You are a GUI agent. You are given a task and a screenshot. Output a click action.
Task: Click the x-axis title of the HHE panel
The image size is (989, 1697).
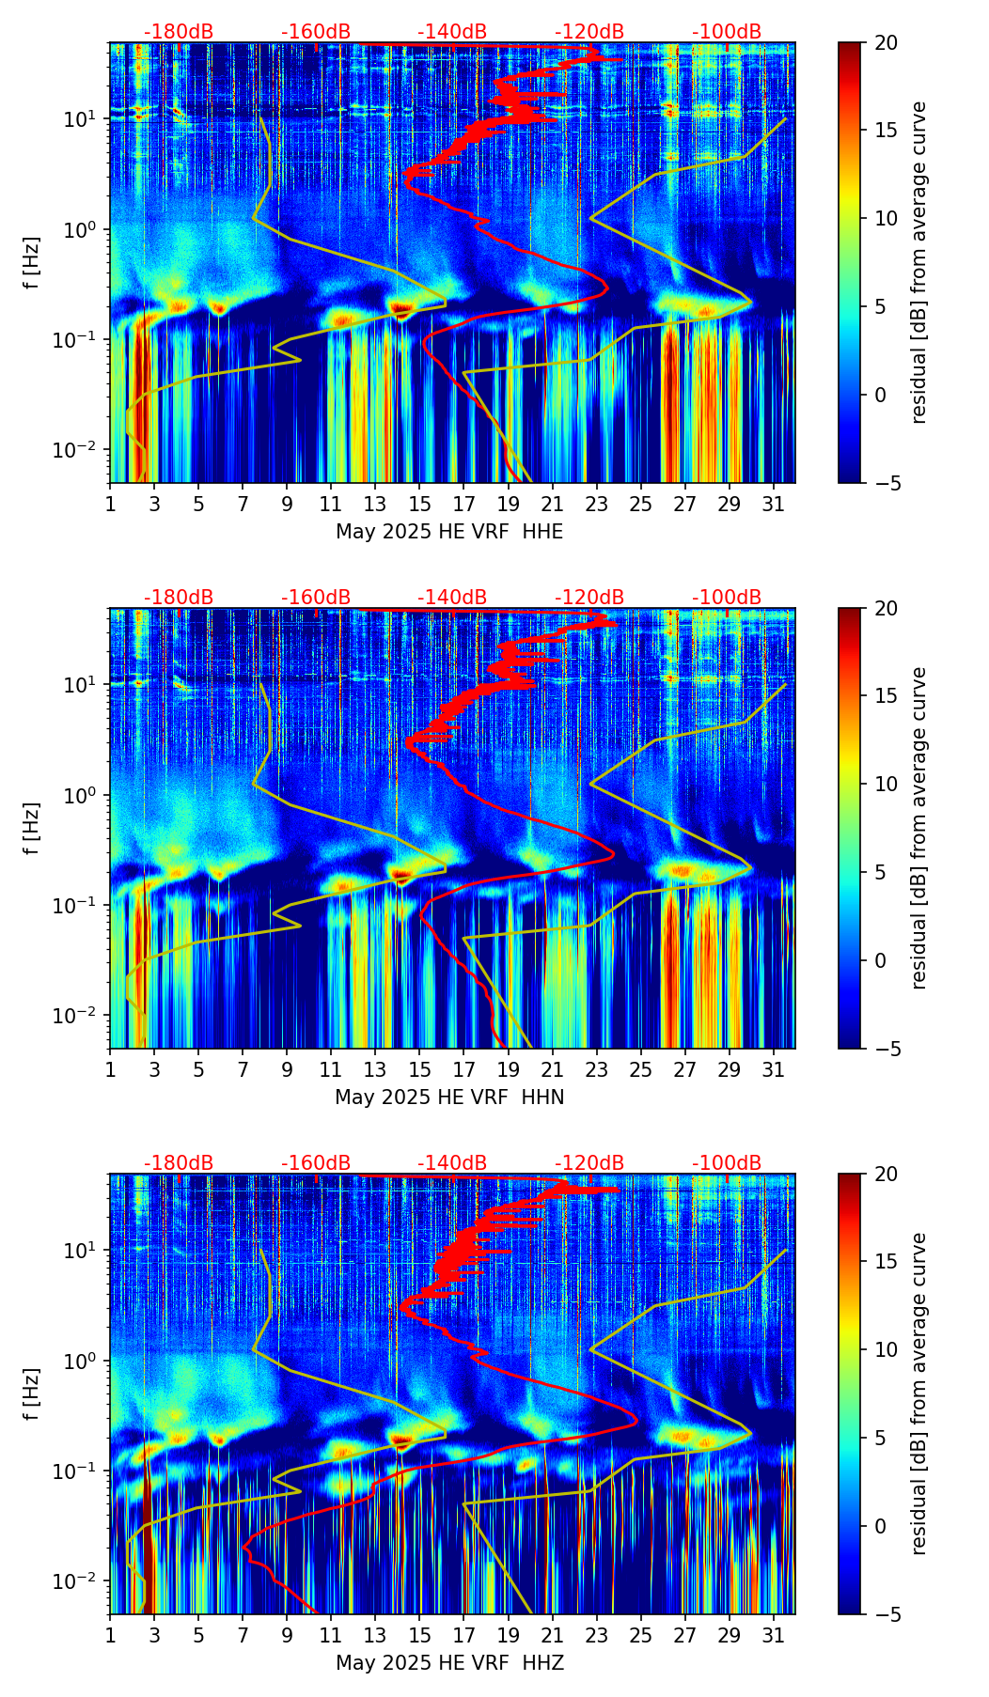(x=449, y=532)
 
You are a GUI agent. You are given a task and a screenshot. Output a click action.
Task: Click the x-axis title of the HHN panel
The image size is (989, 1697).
(x=449, y=1098)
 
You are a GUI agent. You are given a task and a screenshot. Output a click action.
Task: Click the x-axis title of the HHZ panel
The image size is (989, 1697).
(x=449, y=1663)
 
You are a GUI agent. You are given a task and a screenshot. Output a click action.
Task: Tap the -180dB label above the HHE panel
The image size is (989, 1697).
(x=179, y=32)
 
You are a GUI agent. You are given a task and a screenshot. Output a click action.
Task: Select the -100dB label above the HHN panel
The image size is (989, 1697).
(x=727, y=598)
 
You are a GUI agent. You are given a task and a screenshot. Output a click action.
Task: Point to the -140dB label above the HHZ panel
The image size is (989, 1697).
(x=452, y=1163)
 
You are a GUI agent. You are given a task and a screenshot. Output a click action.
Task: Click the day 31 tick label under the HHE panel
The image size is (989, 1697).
(x=774, y=504)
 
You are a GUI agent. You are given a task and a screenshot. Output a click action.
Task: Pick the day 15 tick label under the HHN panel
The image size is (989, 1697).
(x=419, y=1069)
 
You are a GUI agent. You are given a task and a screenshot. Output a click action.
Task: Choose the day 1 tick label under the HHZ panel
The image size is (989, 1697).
(x=110, y=1635)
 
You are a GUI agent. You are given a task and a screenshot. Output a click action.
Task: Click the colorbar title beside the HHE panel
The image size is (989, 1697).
(x=919, y=262)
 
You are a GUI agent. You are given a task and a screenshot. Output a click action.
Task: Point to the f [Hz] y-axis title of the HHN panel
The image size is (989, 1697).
(x=32, y=828)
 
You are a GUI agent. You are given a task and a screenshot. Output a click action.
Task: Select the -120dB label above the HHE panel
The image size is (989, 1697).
(x=589, y=32)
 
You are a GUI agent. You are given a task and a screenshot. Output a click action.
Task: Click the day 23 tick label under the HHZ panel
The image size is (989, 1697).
(x=596, y=1635)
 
